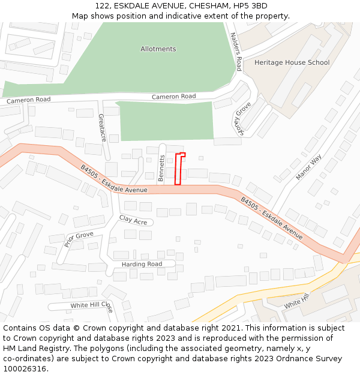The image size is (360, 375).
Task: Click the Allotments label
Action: pyautogui.click(x=158, y=49)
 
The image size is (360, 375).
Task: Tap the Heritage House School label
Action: pyautogui.click(x=292, y=62)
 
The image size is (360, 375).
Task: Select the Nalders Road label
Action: pyautogui.click(x=235, y=52)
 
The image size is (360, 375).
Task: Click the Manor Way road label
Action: pyautogui.click(x=308, y=167)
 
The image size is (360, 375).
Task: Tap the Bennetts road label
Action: pyautogui.click(x=161, y=169)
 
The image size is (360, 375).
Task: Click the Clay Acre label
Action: pyautogui.click(x=133, y=220)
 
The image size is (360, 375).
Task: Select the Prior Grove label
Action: pyautogui.click(x=79, y=239)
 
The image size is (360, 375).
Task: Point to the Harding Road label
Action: pyautogui.click(x=142, y=264)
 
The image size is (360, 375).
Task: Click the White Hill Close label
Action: pyautogui.click(x=91, y=305)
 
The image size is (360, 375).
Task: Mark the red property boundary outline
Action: pyautogui.click(x=178, y=169)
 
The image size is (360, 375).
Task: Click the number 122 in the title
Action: pyautogui.click(x=102, y=5)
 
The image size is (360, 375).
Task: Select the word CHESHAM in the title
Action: pyautogui.click(x=198, y=5)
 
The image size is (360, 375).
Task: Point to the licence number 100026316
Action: pyautogui.click(x=25, y=369)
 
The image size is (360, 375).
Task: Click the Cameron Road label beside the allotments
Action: pyautogui.click(x=173, y=97)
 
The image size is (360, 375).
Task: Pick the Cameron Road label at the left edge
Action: pyautogui.click(x=28, y=100)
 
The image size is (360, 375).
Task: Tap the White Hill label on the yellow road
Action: pyautogui.click(x=295, y=303)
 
